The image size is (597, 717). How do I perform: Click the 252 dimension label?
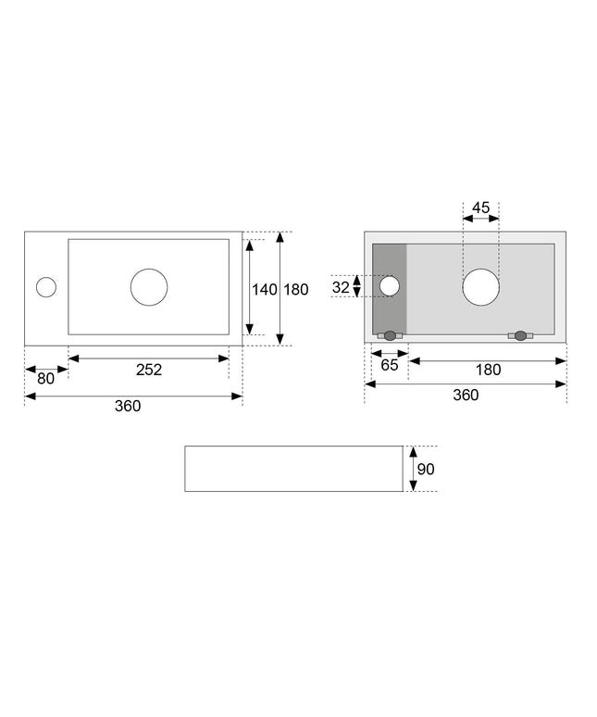click(x=149, y=370)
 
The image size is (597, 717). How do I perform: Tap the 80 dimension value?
click(x=45, y=379)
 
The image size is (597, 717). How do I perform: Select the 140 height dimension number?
click(x=265, y=289)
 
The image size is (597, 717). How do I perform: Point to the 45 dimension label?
click(x=480, y=208)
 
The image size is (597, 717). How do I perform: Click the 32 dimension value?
click(x=341, y=287)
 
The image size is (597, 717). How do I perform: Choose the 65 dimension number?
click(x=389, y=365)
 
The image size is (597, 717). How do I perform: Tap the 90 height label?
click(x=426, y=469)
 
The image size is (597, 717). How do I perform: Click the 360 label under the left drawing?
click(x=128, y=406)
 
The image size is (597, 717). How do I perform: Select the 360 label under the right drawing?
click(x=466, y=395)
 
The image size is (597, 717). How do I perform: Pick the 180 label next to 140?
click(x=296, y=289)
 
